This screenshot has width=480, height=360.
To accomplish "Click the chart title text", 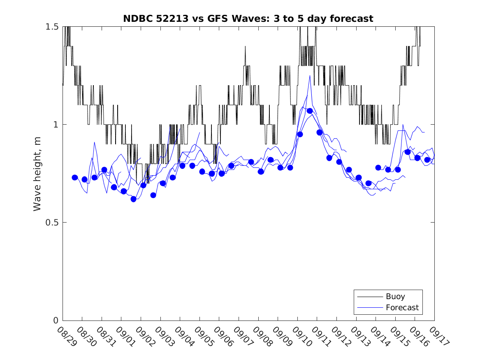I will [x=248, y=19].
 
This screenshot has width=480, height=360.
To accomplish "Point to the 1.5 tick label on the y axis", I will [x=52, y=26].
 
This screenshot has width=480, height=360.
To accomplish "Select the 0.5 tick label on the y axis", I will [x=52, y=223].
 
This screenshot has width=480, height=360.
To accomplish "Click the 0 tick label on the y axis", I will [x=56, y=321].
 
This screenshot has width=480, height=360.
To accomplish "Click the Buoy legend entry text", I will [x=395, y=296].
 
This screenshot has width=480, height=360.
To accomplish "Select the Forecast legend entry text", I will [x=402, y=307].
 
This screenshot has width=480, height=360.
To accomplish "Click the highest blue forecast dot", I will [x=310, y=111].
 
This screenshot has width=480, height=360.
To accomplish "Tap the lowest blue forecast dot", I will [x=133, y=199].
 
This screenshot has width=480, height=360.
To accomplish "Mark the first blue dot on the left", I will [x=75, y=177].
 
